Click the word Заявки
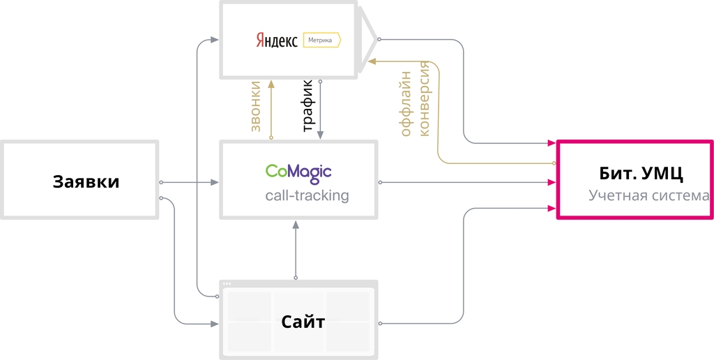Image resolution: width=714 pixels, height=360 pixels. click(86, 182)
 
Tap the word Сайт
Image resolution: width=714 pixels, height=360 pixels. click(303, 322)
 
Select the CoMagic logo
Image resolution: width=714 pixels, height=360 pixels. click(298, 171)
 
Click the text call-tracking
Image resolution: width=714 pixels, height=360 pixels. click(307, 196)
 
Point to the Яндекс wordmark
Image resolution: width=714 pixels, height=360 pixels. click(276, 40)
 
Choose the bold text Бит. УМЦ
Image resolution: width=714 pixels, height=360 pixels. click(636, 173)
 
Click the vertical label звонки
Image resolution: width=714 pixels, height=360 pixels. click(255, 107)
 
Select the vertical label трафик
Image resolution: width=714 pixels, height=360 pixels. click(307, 106)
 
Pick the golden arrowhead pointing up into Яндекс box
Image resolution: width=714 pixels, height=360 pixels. click(271, 84)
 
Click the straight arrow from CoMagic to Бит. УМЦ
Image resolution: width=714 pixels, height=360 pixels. click(467, 183)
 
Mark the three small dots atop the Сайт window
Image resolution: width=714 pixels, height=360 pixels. click(227, 284)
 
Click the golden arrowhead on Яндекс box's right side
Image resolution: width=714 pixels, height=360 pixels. click(372, 62)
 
